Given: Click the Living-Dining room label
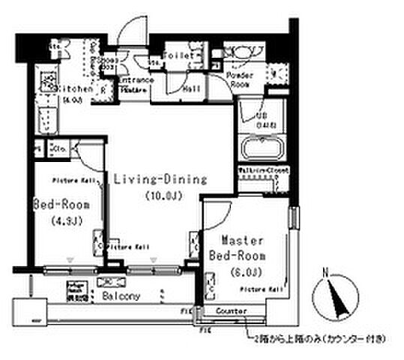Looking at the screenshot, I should (160, 179).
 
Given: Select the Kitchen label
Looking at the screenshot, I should (76, 88).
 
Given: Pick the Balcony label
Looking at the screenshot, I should (121, 295).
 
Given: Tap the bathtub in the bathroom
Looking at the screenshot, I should (260, 148).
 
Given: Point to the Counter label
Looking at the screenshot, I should (229, 310).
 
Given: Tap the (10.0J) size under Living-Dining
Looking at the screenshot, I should (160, 196).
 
